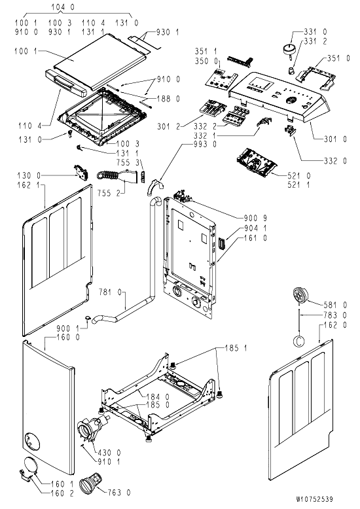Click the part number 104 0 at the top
click(63, 7)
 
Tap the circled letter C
click(299, 341)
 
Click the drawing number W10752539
click(314, 499)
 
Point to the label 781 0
click(110, 292)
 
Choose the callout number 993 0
click(205, 144)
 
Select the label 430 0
click(109, 453)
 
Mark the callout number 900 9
click(255, 219)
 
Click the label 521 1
click(298, 185)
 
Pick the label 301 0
click(335, 139)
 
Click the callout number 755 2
click(109, 193)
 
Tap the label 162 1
click(29, 185)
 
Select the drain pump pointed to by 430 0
click(93, 425)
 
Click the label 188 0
click(168, 99)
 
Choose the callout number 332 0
click(335, 161)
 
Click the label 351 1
click(206, 51)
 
